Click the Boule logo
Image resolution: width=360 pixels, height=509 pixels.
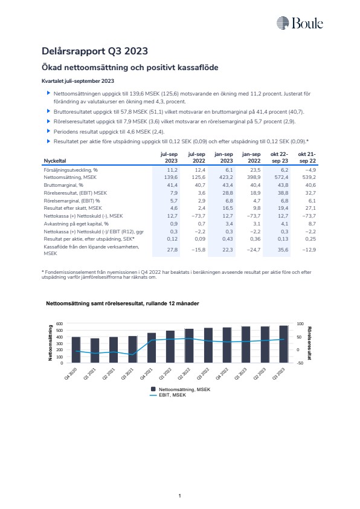tap(300, 23)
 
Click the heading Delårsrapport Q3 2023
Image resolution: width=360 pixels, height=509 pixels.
tap(95, 51)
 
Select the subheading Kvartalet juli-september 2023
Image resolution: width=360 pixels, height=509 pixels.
tap(78, 81)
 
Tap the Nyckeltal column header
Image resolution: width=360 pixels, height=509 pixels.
tap(55, 161)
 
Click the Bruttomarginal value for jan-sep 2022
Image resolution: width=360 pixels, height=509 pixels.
tap(256, 185)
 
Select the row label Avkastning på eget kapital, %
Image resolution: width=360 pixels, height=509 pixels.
tap(76, 224)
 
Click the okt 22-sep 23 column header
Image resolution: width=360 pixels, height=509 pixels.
tap(279, 157)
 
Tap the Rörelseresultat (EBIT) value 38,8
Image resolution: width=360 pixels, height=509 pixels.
tap(283, 193)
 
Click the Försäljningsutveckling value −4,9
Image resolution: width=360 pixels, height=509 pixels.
tap(310, 170)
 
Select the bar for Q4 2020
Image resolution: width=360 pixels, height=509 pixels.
tap(76, 350)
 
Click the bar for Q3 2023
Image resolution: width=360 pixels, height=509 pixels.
tap(284, 344)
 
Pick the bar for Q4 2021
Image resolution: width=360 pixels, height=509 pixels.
tap(152, 348)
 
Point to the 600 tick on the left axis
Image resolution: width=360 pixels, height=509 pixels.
tap(60, 323)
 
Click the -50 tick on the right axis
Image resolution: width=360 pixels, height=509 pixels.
tap(300, 363)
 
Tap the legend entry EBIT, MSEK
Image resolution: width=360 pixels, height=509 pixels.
tap(168, 395)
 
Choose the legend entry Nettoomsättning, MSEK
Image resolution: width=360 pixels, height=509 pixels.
tap(181, 389)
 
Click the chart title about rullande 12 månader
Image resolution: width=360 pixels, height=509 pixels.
tap(123, 303)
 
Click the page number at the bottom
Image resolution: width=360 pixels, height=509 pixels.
tap(179, 496)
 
